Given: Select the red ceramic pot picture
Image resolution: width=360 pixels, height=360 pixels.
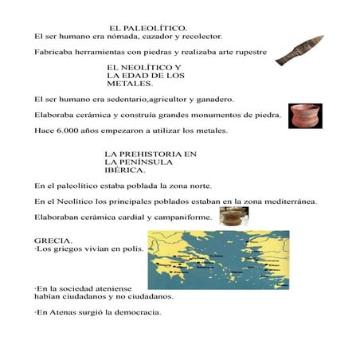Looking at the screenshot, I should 305,115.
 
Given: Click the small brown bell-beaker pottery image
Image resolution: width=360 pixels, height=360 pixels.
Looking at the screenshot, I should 233,217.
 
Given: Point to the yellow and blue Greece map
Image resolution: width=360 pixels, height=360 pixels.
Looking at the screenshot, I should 218,260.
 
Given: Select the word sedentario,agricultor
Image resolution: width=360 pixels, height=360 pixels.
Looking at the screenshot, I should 137,100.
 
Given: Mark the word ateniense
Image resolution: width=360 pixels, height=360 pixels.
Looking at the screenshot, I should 113,288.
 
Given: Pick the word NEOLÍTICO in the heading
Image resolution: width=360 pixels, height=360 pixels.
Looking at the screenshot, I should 145,67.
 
